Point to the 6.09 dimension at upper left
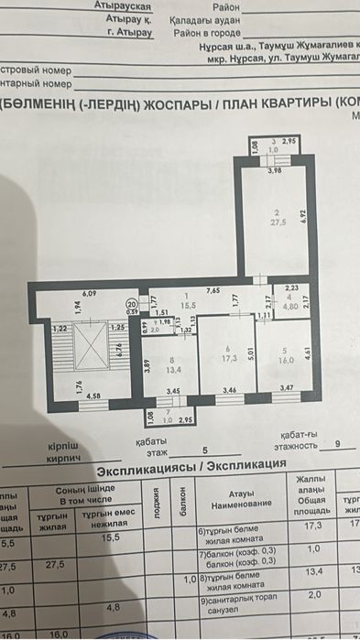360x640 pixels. tap(89, 293)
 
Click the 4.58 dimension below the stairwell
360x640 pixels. tap(93, 396)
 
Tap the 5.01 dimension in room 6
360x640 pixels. tap(249, 353)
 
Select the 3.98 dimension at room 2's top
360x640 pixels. tap(273, 170)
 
